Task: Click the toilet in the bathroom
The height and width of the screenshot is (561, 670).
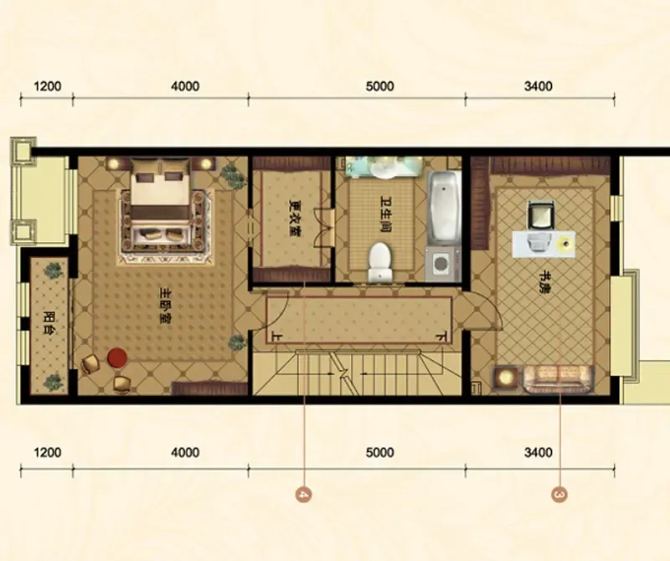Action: (x=380, y=262)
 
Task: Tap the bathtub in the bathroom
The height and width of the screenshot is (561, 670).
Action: (x=444, y=207)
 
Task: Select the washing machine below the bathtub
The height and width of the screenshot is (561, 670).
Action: (x=443, y=263)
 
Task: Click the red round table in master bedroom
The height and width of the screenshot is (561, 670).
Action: (x=117, y=358)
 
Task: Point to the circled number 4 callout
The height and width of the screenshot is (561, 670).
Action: (x=303, y=495)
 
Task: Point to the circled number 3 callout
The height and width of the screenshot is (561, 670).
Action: (x=559, y=495)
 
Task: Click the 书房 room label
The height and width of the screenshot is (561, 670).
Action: (x=544, y=282)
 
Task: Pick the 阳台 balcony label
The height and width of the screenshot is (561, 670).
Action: (x=49, y=325)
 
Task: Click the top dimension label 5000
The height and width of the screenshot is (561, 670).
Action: (x=380, y=86)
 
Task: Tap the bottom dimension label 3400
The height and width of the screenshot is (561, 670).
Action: (x=539, y=452)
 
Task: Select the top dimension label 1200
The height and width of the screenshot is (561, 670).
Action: (x=48, y=86)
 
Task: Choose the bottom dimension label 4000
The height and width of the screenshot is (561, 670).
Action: (x=185, y=452)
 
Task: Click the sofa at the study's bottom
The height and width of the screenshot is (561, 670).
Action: (x=559, y=378)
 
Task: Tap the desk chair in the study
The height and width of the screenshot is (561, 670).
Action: (x=541, y=215)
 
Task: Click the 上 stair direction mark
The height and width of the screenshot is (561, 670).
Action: (x=277, y=337)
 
